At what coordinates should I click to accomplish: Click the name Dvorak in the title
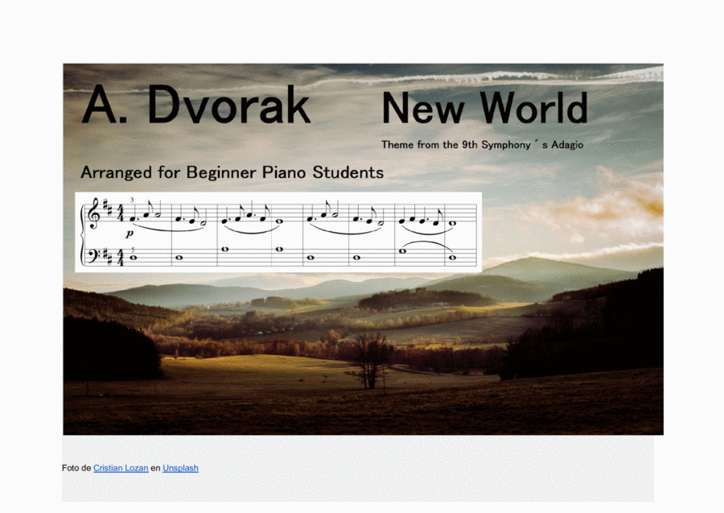click(229, 105)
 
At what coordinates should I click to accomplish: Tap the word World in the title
click(534, 107)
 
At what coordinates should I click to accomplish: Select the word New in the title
click(423, 108)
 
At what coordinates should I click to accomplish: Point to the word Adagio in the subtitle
click(567, 145)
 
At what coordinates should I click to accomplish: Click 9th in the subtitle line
click(470, 145)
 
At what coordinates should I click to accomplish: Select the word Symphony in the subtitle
click(506, 145)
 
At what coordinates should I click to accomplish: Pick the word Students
click(348, 172)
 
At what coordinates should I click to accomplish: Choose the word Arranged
click(116, 173)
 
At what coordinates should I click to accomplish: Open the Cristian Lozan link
click(121, 468)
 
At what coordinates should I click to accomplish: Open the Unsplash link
click(180, 468)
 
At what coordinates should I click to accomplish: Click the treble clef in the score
click(95, 213)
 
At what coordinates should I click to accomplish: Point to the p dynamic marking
click(130, 234)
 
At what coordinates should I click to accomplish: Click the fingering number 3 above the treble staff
click(132, 200)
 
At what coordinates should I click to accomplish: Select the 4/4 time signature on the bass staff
click(121, 258)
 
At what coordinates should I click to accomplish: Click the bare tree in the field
click(371, 362)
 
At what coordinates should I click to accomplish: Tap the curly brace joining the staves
click(82, 235)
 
